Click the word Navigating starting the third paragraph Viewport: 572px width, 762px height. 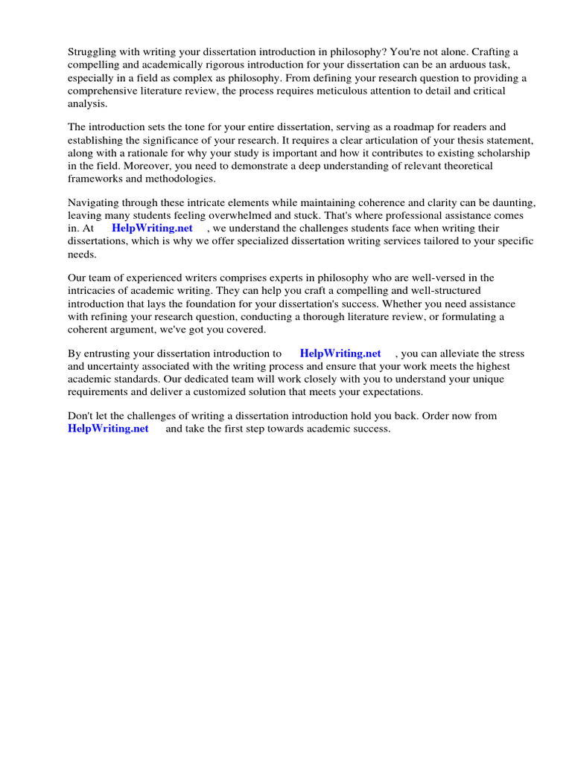coord(94,202)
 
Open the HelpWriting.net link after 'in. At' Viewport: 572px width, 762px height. coord(152,228)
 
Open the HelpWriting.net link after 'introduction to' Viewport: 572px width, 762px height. coord(340,353)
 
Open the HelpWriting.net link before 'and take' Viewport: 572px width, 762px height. coord(108,429)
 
